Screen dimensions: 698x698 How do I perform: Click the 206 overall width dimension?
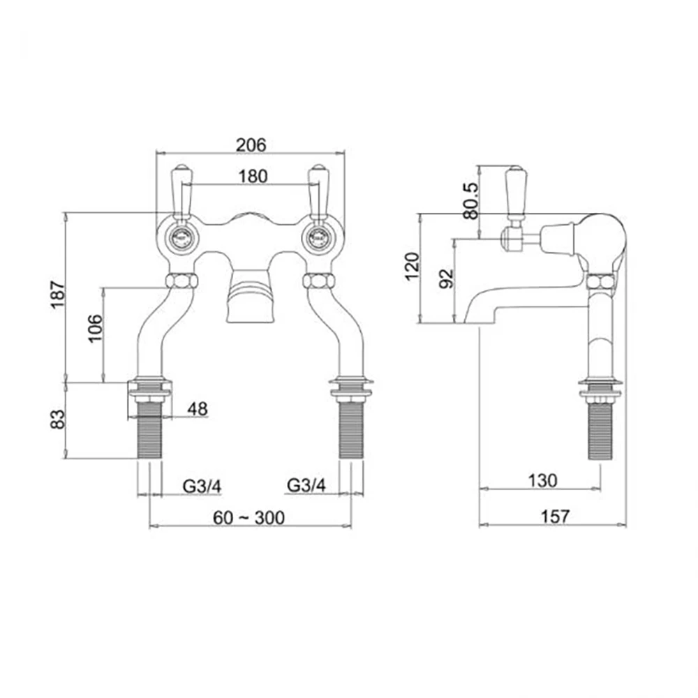pyautogui.click(x=251, y=145)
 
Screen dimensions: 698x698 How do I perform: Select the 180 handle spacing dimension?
pyautogui.click(x=251, y=176)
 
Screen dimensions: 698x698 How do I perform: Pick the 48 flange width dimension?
pyautogui.click(x=198, y=410)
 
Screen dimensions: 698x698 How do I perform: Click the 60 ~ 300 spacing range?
pyautogui.click(x=249, y=517)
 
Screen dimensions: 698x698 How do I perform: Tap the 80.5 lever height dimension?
pyautogui.click(x=472, y=201)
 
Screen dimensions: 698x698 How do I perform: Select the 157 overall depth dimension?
pyautogui.click(x=554, y=517)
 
